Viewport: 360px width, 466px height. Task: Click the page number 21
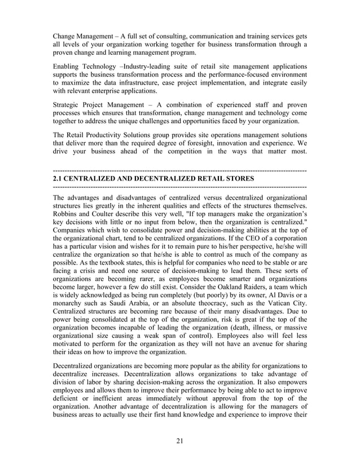[179, 441]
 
